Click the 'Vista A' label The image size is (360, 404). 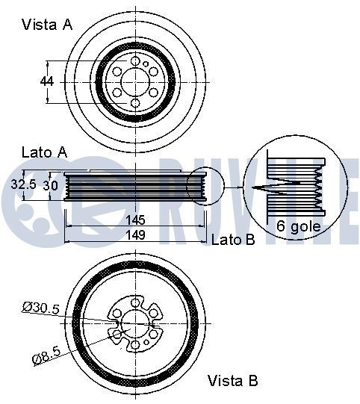[x=48, y=25]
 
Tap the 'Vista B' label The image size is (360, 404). [x=232, y=380]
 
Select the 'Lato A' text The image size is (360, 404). [x=43, y=152]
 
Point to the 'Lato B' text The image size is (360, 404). [x=233, y=239]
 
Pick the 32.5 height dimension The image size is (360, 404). [x=24, y=183]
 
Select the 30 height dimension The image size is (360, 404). [x=50, y=184]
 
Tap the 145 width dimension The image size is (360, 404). [x=135, y=221]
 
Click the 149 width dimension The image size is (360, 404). [x=135, y=235]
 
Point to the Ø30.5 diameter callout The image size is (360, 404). [x=42, y=306]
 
